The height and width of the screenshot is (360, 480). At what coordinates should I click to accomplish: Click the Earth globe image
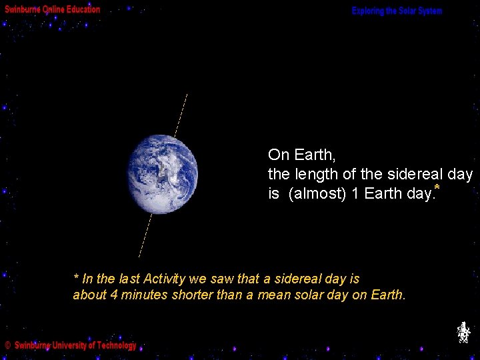pyautogui.click(x=163, y=174)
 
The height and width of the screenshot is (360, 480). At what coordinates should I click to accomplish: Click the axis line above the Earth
pyautogui.click(x=181, y=115)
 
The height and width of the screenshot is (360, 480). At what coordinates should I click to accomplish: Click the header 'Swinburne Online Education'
pyautogui.click(x=53, y=9)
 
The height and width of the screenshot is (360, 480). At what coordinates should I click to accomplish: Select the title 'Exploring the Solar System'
pyautogui.click(x=397, y=11)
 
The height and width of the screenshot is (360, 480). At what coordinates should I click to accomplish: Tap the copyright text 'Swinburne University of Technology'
pyautogui.click(x=75, y=345)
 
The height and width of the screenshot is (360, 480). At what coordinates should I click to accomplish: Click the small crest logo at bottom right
pyautogui.click(x=463, y=332)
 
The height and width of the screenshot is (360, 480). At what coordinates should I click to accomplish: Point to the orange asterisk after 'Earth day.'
pyautogui.click(x=437, y=189)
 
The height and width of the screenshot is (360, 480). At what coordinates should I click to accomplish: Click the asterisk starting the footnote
pyautogui.click(x=76, y=277)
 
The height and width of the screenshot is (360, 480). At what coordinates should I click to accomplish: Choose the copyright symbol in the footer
pyautogui.click(x=7, y=345)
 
